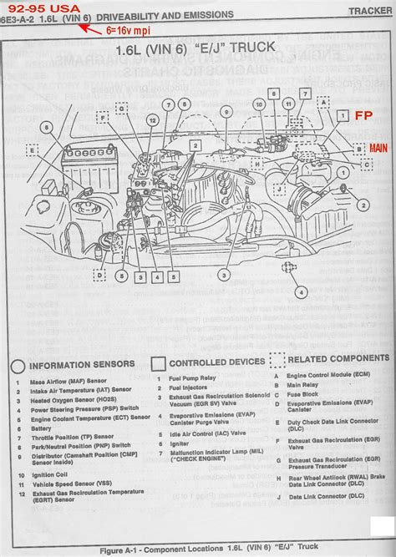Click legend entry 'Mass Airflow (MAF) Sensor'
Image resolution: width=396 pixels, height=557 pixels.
(x=66, y=382)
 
